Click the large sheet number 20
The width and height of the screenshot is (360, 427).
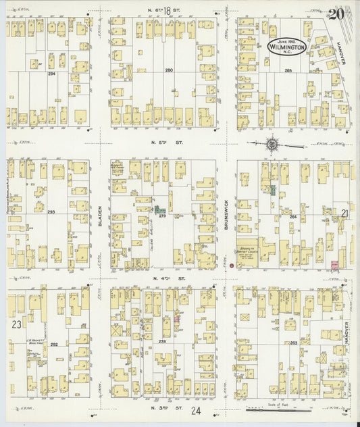(337, 12)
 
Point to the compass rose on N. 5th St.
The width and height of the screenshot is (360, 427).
(272, 143)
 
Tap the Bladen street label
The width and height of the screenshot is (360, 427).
(99, 216)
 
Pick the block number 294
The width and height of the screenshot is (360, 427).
(51, 73)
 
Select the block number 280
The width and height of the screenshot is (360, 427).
(169, 70)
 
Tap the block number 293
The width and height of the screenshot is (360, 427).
(50, 211)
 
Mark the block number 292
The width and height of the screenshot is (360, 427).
(53, 344)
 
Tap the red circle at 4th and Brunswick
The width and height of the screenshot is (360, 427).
(232, 267)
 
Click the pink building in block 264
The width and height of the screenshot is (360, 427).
(334, 264)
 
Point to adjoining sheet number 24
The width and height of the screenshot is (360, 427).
(196, 410)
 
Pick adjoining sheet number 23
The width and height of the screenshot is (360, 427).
(16, 325)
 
